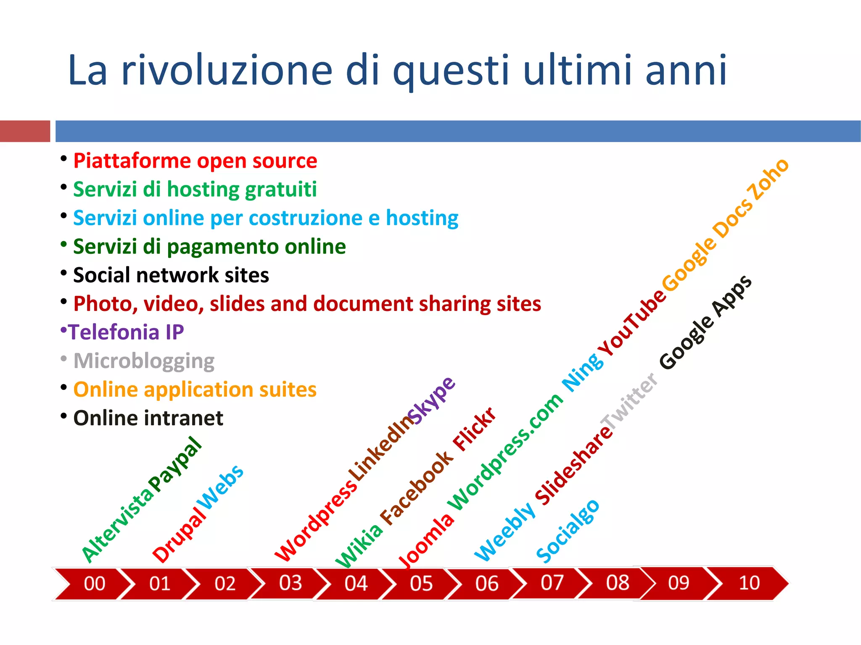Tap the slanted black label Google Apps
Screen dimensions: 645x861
click(706, 322)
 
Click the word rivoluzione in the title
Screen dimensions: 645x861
click(227, 70)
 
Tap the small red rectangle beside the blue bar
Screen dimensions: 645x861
click(25, 131)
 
